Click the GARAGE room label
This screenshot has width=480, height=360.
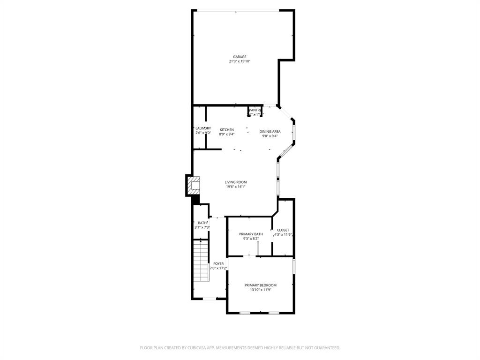[x=240, y=57]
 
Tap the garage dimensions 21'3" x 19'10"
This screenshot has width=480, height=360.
[x=240, y=61]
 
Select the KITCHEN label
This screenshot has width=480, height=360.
[x=227, y=130]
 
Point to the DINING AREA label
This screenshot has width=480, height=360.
[x=270, y=132]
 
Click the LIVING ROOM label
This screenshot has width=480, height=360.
[x=235, y=182]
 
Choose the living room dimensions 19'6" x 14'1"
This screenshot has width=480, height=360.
[x=235, y=187]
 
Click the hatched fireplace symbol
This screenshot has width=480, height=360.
[x=193, y=185]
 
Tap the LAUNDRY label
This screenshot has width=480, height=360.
[x=203, y=128]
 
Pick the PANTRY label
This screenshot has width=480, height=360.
[x=255, y=110]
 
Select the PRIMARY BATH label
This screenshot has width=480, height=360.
[x=251, y=234]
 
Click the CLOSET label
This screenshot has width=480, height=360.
[x=283, y=230]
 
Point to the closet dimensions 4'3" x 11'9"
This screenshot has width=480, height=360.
[x=283, y=235]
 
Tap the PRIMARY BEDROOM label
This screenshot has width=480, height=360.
[x=260, y=285]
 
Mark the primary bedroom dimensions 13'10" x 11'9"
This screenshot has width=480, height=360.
[x=260, y=290]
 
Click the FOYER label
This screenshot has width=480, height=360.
[x=218, y=263]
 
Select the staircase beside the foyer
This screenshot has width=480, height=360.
[x=201, y=261]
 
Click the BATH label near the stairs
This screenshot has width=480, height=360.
[x=202, y=223]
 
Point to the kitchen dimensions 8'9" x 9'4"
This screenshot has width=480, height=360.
[x=227, y=134]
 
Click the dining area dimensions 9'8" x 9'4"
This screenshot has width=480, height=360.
[x=270, y=136]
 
